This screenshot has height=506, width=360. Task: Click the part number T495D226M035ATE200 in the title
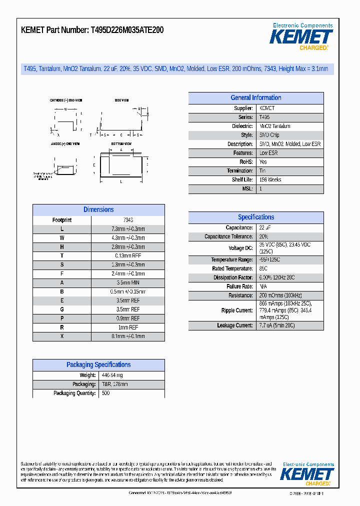pyautogui.click(x=127, y=30)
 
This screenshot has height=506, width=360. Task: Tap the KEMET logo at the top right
pyautogui.click(x=301, y=37)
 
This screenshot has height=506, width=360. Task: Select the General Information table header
pyautogui.click(x=256, y=98)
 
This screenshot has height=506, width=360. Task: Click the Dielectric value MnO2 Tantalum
pyautogui.click(x=274, y=126)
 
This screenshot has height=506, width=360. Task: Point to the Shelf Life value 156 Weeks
pyautogui.click(x=270, y=180)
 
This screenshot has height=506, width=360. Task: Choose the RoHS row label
pyautogui.click(x=246, y=162)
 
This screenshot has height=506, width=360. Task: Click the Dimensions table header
pyautogui.click(x=98, y=210)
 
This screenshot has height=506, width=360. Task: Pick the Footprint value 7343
pyautogui.click(x=128, y=220)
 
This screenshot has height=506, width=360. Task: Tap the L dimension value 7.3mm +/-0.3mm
pyautogui.click(x=128, y=229)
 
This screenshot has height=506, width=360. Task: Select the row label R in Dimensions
pyautogui.click(x=62, y=327)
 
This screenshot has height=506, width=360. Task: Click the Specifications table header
pyautogui.click(x=256, y=217)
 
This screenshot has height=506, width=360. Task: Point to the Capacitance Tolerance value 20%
pyautogui.click(x=264, y=237)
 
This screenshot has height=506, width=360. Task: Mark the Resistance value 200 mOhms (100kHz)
pyautogui.click(x=280, y=295)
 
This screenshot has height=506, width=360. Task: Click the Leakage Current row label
pyautogui.click(x=235, y=325)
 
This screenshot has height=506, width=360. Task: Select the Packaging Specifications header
pyautogui.click(x=98, y=365)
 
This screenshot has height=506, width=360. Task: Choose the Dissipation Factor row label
pyautogui.click(x=233, y=277)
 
